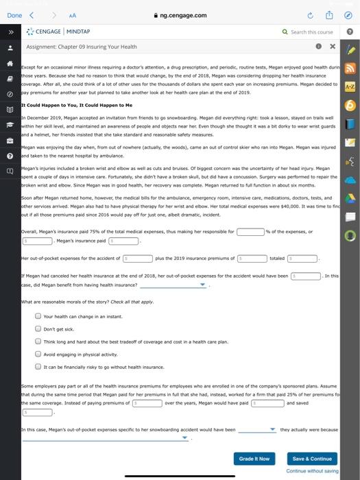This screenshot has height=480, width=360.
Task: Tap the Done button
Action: click(14, 14)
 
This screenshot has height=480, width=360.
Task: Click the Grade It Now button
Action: click(254, 458)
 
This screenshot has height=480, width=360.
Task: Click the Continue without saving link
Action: click(313, 471)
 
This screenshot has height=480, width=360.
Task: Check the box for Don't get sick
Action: click(38, 328)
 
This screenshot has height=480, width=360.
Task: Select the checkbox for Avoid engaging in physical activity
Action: click(38, 354)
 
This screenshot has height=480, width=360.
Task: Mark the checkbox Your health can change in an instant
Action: click(38, 316)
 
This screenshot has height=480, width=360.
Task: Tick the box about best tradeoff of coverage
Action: click(38, 341)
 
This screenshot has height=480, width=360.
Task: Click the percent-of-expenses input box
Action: click(250, 232)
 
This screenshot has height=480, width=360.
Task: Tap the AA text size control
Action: click(70, 14)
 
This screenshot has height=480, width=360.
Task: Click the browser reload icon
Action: click(309, 14)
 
